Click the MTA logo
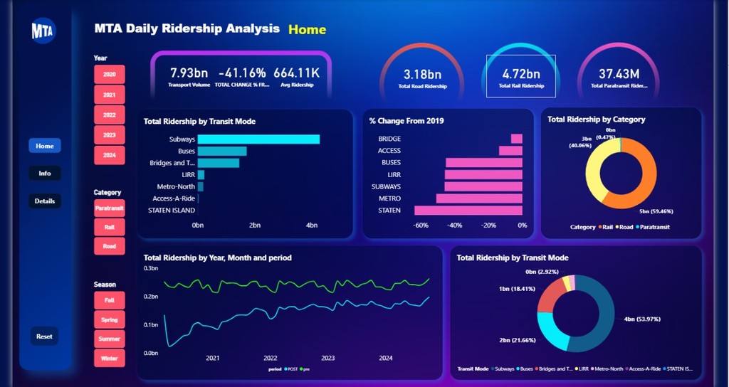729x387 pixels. point(43,31)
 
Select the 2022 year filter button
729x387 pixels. point(109,115)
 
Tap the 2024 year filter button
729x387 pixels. point(109,155)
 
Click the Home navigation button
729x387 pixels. point(45,146)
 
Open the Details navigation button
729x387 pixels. point(45,201)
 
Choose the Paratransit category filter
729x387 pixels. point(109,208)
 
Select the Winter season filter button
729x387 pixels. point(109,358)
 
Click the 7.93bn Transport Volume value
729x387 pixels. point(189,73)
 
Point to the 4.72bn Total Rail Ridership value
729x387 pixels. point(521,74)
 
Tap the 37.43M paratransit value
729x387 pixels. point(619,74)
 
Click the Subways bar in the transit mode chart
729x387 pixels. point(258,139)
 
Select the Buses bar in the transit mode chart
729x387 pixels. point(222,151)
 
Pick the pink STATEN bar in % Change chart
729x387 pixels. point(468,211)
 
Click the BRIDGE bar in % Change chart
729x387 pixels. point(516,139)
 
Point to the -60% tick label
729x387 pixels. point(420,226)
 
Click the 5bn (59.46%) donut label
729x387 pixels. point(655,211)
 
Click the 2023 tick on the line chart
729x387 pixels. point(327,359)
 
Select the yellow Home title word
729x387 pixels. point(307,30)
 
